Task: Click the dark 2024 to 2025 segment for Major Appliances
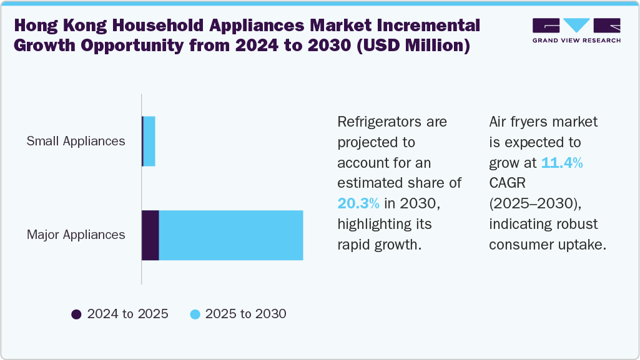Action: [x=150, y=235]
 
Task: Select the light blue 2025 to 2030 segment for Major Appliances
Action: [x=231, y=235]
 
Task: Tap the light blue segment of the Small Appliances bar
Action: [x=149, y=141]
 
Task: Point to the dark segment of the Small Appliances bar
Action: [x=143, y=141]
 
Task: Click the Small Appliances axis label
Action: [x=76, y=141]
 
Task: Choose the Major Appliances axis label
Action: [x=76, y=235]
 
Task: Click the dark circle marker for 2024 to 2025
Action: [x=77, y=314]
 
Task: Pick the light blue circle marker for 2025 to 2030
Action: [x=194, y=314]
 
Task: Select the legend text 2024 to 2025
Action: [x=127, y=314]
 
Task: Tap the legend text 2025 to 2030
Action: [x=245, y=314]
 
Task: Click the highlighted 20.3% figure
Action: [x=358, y=203]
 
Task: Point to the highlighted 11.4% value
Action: [x=562, y=163]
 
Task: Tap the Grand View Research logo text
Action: [x=576, y=41]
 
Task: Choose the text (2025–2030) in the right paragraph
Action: [x=536, y=203]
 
